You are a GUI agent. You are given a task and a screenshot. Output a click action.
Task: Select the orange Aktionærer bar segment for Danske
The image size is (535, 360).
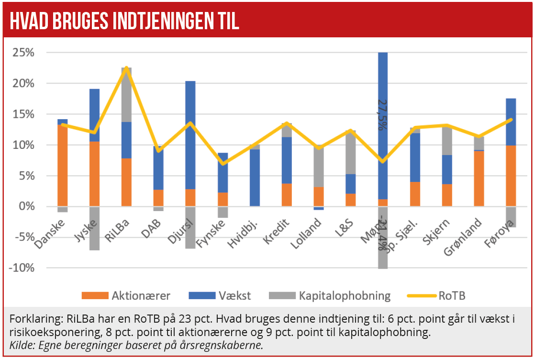click(x=63, y=165)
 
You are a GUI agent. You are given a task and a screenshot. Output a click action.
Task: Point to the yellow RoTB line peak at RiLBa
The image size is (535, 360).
click(x=126, y=68)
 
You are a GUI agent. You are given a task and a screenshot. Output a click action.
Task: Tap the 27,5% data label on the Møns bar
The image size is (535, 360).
click(x=382, y=115)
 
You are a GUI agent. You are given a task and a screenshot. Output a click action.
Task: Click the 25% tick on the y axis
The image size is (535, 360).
click(x=23, y=53)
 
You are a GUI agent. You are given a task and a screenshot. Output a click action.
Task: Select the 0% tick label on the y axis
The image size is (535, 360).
click(x=26, y=206)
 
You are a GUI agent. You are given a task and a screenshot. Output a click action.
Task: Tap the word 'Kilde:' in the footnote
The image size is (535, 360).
click(x=21, y=346)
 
